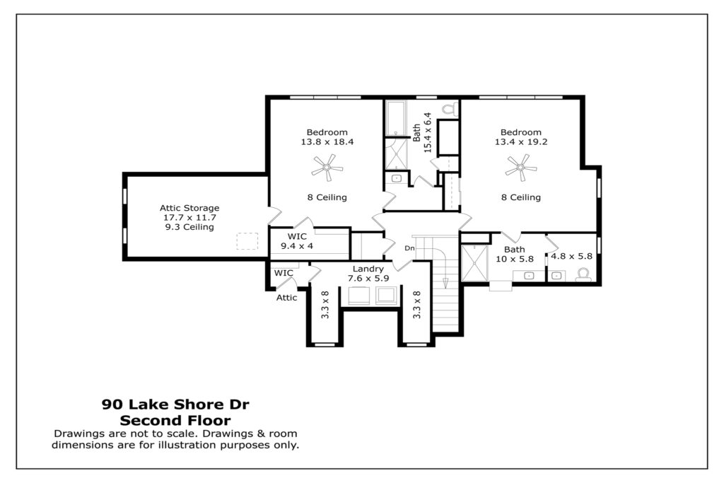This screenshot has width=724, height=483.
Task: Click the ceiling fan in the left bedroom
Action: [327, 168]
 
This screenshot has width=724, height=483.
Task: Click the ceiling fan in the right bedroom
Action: [521, 168]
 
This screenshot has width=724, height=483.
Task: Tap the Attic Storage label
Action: [189, 208]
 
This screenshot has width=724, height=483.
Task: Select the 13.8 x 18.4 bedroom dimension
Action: [327, 141]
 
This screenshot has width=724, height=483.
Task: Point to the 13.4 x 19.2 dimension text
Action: [521, 141]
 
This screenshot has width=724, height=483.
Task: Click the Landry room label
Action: [368, 269]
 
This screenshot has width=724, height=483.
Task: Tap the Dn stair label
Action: [409, 248]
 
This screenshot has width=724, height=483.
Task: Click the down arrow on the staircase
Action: [445, 283]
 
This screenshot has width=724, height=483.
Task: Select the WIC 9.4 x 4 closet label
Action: [297, 241]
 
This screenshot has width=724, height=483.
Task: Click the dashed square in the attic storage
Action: [247, 241]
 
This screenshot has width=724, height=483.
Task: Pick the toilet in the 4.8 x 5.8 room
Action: [583, 274]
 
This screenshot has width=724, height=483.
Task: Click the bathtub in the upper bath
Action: [396, 119]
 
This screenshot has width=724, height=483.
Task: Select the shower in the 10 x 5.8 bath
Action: [474, 263]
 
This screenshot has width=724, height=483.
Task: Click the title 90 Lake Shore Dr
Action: [175, 405]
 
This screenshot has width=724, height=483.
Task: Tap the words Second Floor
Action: [175, 421]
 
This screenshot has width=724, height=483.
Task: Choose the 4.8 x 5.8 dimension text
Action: [571, 256]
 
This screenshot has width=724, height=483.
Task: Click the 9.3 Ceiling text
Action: [189, 227]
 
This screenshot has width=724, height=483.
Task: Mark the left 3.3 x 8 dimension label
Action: [325, 305]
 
